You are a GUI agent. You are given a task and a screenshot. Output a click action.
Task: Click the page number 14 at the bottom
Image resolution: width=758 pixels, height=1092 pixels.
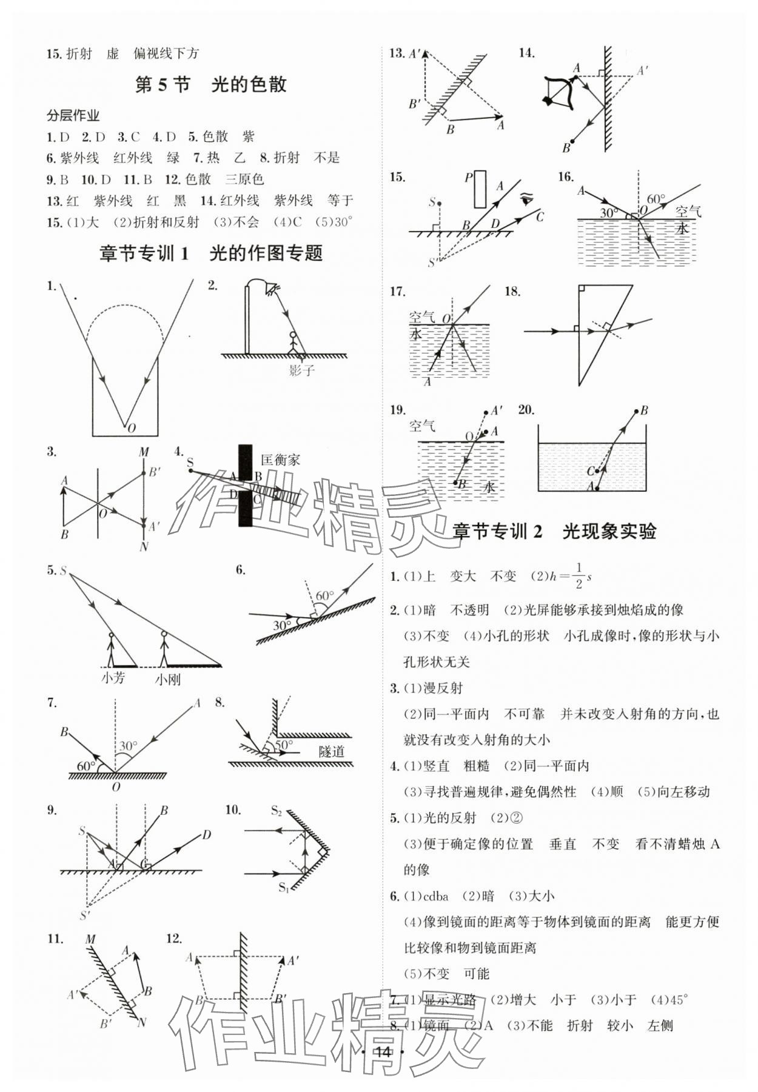(382, 1051)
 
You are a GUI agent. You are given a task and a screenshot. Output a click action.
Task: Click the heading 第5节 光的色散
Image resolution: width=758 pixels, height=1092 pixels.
(210, 84)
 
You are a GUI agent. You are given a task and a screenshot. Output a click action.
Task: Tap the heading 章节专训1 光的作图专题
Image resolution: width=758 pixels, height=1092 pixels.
(210, 253)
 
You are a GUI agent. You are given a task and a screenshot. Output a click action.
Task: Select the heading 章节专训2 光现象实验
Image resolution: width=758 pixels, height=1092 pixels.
(554, 531)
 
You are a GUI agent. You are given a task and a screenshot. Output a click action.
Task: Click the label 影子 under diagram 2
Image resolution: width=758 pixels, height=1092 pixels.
(301, 369)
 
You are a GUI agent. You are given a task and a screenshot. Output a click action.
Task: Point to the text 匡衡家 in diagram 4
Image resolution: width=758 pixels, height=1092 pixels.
(280, 460)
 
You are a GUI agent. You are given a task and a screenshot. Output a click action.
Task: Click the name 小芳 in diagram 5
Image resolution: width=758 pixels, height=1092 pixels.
(113, 677)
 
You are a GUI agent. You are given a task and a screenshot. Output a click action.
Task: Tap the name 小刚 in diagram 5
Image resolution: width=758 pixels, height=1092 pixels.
(167, 679)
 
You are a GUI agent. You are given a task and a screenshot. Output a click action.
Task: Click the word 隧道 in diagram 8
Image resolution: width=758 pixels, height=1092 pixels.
(331, 751)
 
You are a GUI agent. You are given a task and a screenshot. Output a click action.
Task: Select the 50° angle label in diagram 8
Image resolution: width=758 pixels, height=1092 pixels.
(284, 744)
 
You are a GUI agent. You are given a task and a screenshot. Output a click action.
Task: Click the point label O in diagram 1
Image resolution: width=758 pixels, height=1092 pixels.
(132, 427)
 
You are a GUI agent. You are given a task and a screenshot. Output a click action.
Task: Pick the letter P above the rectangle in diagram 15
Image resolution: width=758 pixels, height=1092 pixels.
(468, 178)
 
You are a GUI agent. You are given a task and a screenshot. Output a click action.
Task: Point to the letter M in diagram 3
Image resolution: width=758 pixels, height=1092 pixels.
(144, 452)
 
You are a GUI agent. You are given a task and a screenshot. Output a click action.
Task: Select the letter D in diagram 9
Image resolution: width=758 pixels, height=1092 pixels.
(206, 834)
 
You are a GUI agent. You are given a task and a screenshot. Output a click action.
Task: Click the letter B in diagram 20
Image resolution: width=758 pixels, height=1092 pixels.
(644, 410)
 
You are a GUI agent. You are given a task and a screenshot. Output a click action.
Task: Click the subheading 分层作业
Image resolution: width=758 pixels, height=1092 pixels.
(73, 115)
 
